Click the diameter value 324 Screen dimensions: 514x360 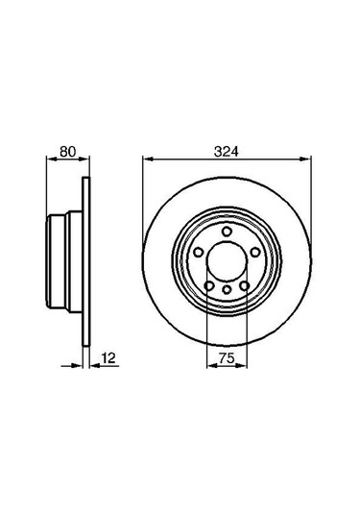227,150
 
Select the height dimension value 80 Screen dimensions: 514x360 66,150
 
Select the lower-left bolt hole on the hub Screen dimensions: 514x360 208,284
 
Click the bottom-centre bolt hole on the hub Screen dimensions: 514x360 227,291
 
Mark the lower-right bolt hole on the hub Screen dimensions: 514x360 246,284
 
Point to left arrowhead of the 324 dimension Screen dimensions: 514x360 147,159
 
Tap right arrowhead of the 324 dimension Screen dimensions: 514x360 307,159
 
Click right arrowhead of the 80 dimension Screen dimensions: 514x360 86,159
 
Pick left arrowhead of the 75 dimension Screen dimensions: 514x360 210,366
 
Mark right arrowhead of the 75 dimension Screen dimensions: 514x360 245,366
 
